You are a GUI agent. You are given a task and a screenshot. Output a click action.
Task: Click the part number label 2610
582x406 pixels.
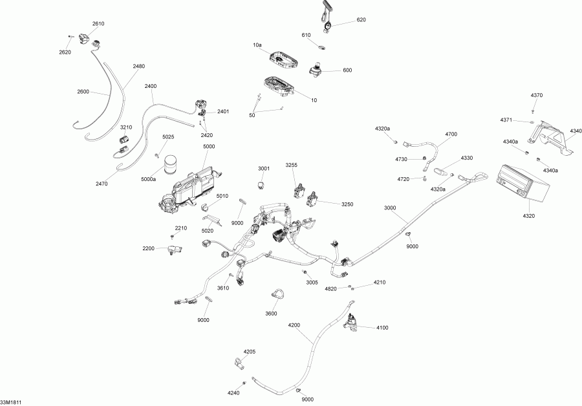tap(98, 23)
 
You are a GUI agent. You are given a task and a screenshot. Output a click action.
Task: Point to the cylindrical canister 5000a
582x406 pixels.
tap(171, 166)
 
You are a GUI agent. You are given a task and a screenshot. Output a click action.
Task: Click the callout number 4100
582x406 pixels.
tap(382, 328)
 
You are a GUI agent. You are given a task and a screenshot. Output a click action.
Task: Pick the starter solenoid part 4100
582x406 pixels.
tap(352, 322)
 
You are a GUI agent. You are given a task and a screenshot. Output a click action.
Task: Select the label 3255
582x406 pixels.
tap(292, 166)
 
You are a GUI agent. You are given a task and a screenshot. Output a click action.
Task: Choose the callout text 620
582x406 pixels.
tap(361, 20)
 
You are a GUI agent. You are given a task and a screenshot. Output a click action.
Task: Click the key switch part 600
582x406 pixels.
tap(318, 70)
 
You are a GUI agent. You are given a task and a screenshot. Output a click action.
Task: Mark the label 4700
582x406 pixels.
tap(451, 134)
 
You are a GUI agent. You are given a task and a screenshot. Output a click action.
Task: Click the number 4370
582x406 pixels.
tap(537, 95)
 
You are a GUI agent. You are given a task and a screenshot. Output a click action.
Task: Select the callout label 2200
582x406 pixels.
tap(149, 248)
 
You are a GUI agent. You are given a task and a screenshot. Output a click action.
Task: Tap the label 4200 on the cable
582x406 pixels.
tap(294, 325)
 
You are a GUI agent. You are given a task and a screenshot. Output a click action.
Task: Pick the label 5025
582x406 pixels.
tap(168, 137)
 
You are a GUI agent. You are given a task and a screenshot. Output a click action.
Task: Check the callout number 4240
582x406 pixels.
tap(233, 393)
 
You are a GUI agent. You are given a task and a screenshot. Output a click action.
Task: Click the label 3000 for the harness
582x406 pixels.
tap(390, 208)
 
